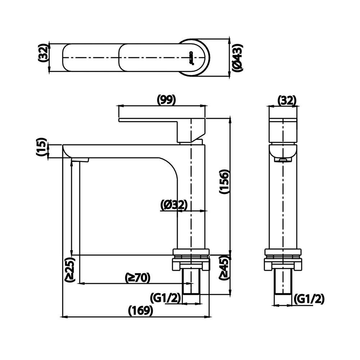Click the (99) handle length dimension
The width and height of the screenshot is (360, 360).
click(x=166, y=100)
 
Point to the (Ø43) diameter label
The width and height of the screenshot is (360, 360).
click(x=237, y=58)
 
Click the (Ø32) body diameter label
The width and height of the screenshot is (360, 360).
click(x=174, y=205)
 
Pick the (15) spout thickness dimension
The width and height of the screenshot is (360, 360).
click(x=42, y=147)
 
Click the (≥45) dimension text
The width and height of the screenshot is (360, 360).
click(x=225, y=267)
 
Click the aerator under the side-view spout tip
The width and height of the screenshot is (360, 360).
click(x=283, y=159)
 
